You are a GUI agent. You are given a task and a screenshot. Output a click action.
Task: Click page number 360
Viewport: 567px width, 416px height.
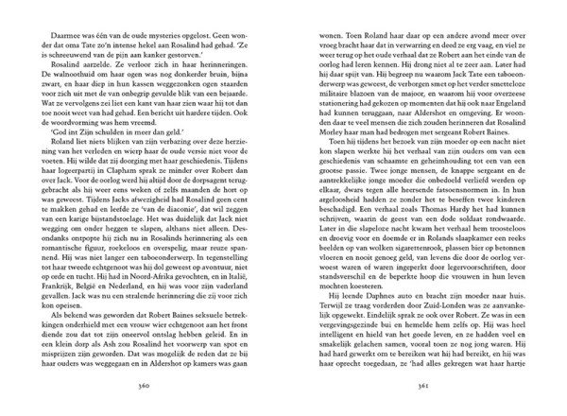143,387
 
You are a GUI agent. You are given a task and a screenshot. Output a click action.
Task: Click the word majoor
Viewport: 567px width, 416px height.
406,102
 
